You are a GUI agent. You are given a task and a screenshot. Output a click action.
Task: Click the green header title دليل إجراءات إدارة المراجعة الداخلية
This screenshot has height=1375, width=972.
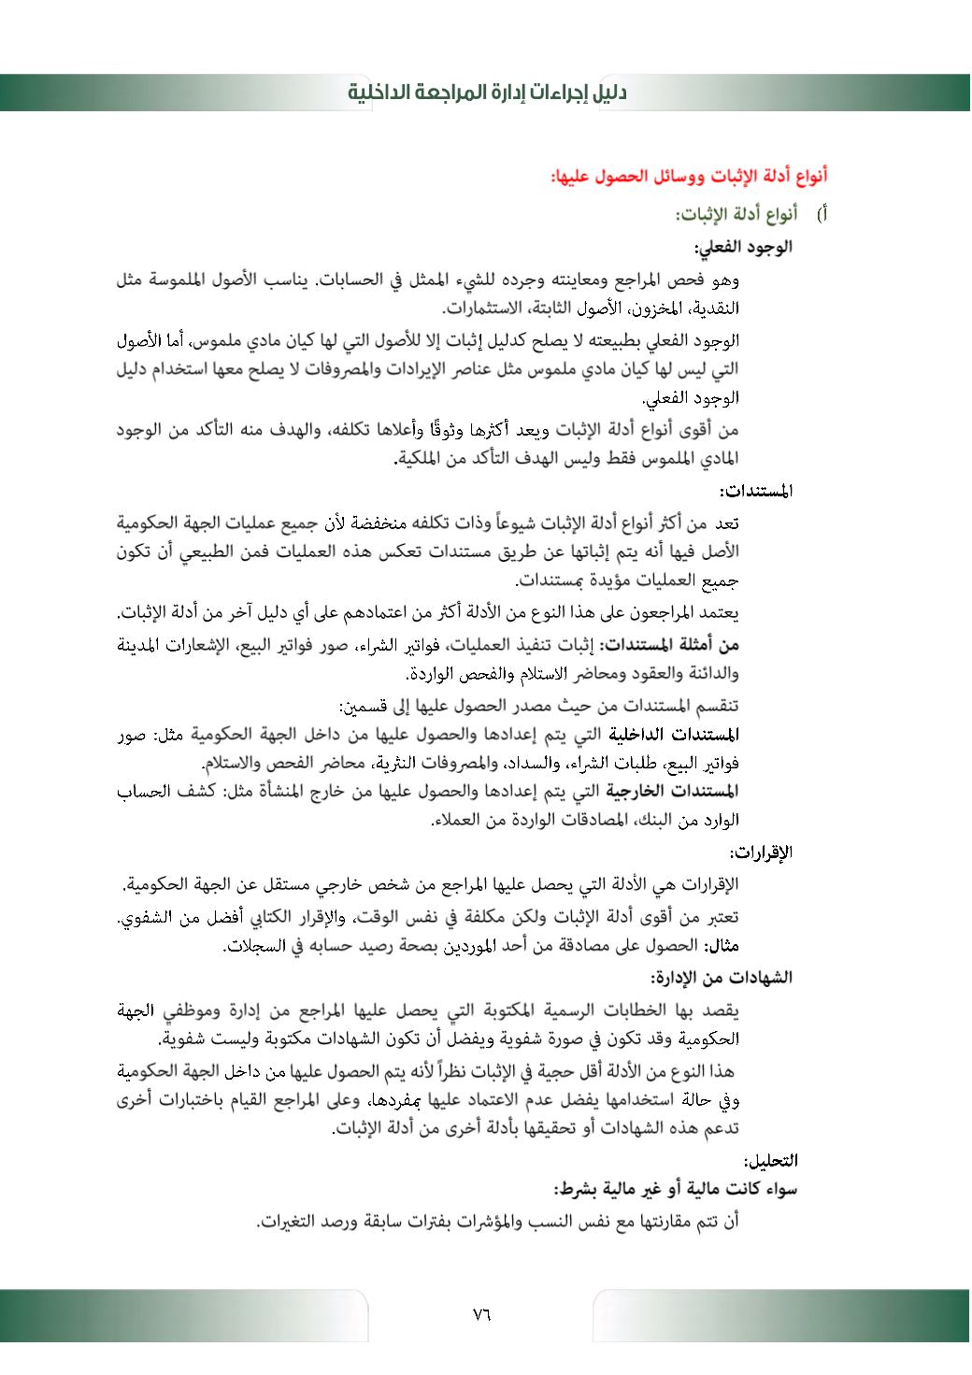487,93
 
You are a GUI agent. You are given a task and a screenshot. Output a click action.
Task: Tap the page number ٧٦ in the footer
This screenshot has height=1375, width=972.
481,1314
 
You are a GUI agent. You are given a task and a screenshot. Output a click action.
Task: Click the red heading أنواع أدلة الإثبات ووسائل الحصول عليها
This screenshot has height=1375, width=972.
689,176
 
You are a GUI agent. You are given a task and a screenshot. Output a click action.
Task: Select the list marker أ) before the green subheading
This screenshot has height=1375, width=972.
822,215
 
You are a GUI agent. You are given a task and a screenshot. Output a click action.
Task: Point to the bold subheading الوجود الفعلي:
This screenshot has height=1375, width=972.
743,247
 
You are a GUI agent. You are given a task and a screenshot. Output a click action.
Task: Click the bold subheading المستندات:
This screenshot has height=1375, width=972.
756,491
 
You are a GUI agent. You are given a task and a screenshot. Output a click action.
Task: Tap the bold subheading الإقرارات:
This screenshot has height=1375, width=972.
761,852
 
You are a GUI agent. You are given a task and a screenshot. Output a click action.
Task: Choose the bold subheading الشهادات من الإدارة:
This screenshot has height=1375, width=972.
722,978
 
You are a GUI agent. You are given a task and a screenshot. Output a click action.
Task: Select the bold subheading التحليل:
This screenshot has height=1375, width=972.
770,1161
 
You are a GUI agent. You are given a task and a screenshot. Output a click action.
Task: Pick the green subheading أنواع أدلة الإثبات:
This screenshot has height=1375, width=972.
736,215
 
